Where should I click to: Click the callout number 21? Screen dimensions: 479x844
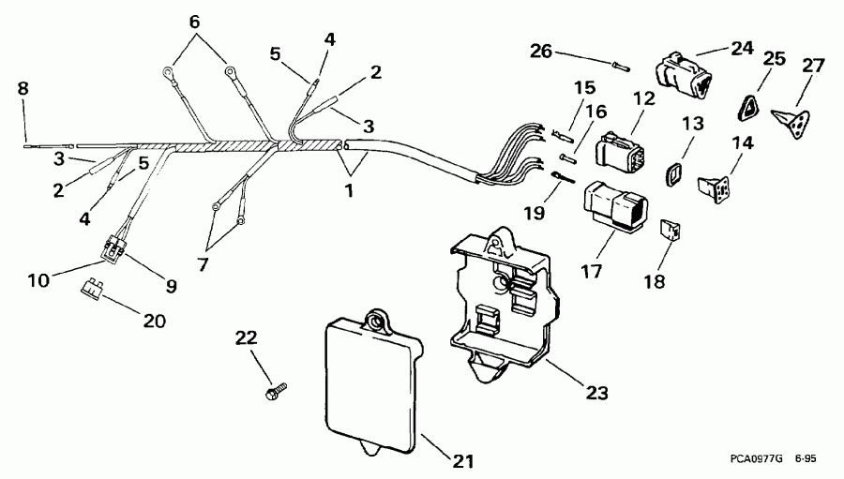click(x=463, y=461)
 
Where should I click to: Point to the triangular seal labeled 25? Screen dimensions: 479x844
click(x=751, y=108)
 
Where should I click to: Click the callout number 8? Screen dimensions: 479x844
click(x=23, y=89)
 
